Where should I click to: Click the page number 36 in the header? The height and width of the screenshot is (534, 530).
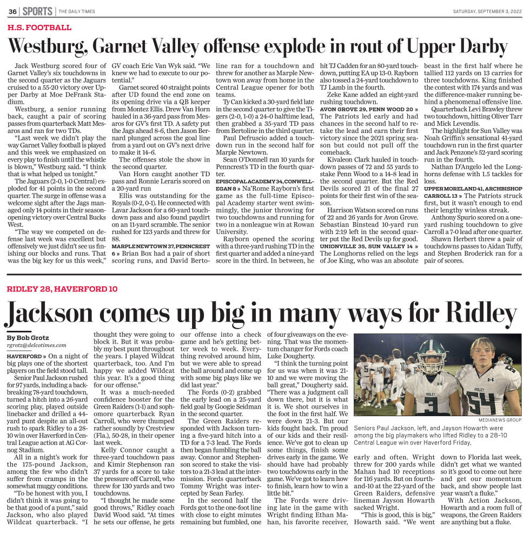12,11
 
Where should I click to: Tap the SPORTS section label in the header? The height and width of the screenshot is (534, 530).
38,11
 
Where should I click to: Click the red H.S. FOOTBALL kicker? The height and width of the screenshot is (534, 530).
39,28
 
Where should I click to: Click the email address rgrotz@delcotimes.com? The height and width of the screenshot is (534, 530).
36,345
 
